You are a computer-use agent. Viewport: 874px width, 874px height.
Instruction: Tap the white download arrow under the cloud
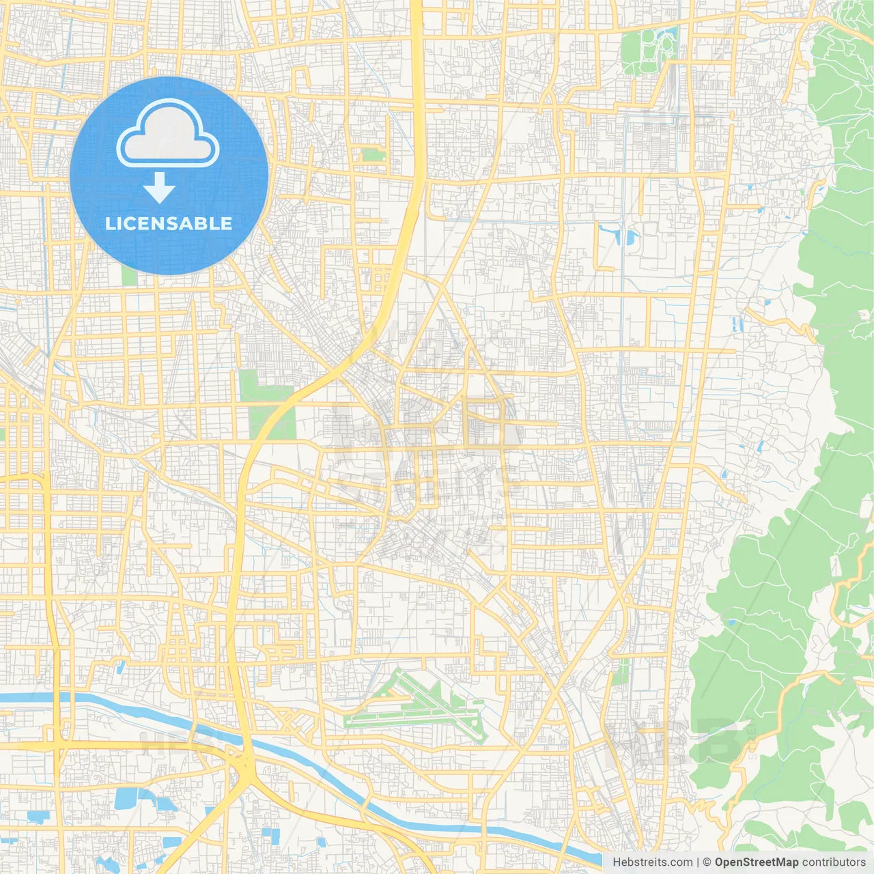point(159,188)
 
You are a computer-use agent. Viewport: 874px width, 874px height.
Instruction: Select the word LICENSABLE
point(169,224)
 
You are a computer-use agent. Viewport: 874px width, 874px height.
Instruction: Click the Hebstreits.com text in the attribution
point(652,862)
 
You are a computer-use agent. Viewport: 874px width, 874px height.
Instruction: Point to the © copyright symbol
point(707,862)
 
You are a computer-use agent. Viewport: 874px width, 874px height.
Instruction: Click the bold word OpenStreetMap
point(757,862)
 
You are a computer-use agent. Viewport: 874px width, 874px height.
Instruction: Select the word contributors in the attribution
point(834,862)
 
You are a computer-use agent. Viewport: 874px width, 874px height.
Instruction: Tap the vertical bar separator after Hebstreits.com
point(698,862)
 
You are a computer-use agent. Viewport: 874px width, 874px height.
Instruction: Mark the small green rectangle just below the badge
point(129,276)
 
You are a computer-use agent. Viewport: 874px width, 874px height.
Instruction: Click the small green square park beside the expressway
point(373,155)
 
